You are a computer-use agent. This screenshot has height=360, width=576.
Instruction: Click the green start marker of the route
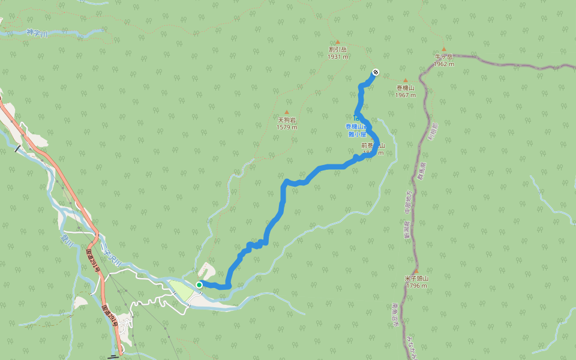coord(199,284)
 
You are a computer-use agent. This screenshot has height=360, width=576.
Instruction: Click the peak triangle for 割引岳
coord(338,42)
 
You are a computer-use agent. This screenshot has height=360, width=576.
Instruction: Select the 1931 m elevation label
coord(338,57)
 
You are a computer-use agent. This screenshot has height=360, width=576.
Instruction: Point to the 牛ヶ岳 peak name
coord(444,56)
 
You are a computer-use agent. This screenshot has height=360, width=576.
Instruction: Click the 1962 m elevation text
coord(444,64)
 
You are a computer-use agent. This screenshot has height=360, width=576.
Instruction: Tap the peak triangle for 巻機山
coord(406,80)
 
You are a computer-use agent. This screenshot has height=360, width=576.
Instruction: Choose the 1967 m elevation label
coord(406,95)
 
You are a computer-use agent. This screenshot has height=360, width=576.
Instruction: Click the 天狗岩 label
coord(287,119)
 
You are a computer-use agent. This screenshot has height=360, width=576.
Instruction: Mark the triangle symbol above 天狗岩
coord(287,112)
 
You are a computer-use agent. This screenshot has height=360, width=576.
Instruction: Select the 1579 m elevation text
coord(287,127)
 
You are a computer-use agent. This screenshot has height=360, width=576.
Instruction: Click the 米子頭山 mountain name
coord(416,278)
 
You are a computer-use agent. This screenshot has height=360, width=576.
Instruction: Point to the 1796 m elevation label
coord(416,286)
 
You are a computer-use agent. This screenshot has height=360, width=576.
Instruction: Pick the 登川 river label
coord(65,241)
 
